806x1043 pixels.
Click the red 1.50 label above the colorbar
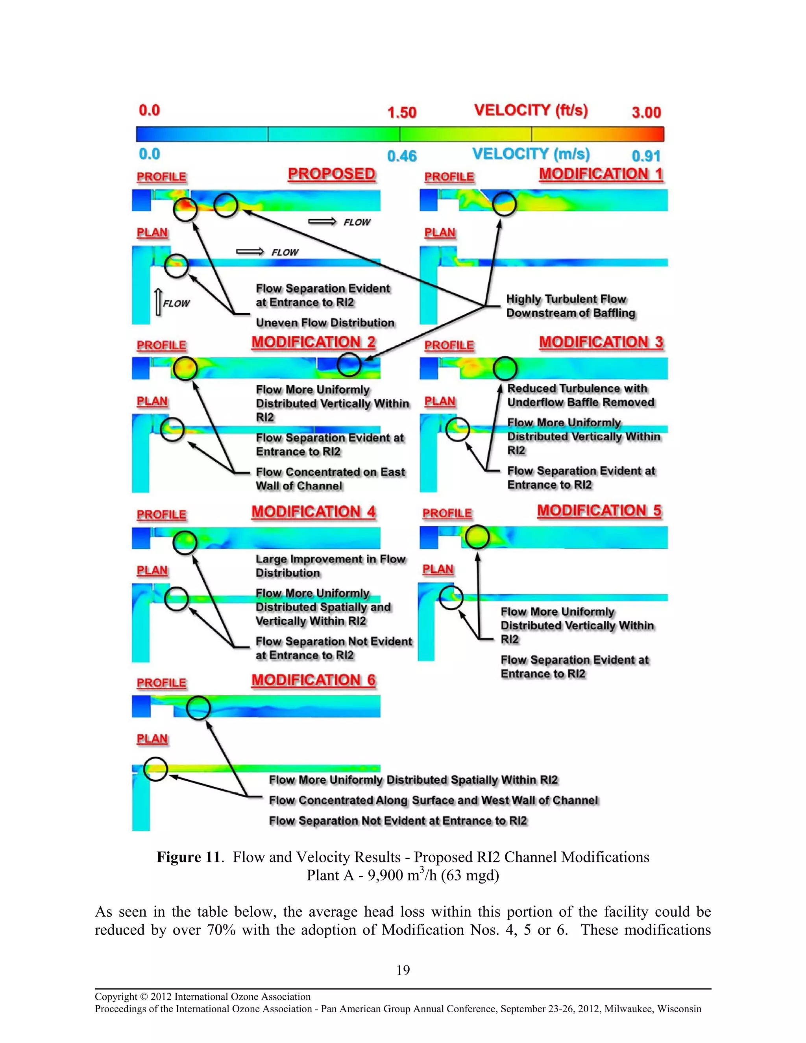[401, 113]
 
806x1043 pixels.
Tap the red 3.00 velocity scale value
[646, 113]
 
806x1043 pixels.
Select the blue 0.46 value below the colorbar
[401, 156]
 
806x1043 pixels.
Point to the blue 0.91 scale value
[646, 156]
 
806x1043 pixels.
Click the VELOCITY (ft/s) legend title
[531, 110]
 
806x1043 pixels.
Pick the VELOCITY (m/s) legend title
[531, 154]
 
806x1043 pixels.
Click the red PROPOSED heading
[331, 174]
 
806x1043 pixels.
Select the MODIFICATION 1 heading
[601, 174]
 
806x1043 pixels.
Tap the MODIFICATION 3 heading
[601, 342]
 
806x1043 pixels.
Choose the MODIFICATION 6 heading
[313, 680]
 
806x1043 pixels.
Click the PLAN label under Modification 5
[438, 569]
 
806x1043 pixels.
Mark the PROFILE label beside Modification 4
[161, 515]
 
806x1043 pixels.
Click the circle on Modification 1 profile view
[504, 204]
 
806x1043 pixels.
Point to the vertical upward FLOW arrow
[159, 302]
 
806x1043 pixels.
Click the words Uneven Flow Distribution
[325, 323]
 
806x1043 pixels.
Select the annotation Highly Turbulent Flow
[566, 300]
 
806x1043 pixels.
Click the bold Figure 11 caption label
[188, 857]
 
